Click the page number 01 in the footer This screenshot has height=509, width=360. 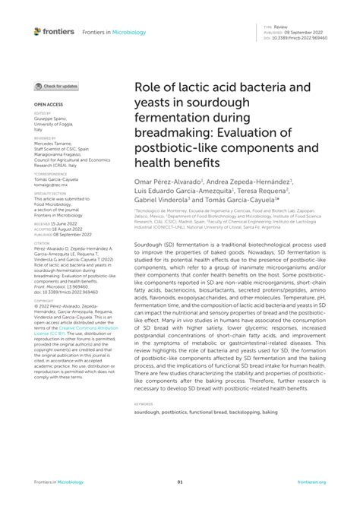(180, 482)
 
